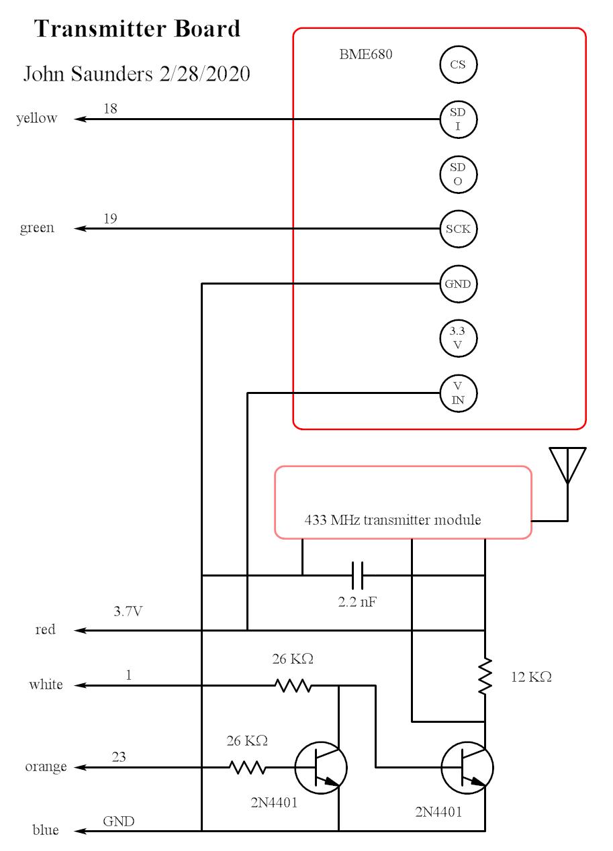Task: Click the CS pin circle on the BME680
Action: (x=458, y=65)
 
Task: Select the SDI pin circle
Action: (x=458, y=119)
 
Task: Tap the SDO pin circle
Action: (x=458, y=174)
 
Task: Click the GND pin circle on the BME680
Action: (x=458, y=284)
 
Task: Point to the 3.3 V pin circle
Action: (x=458, y=338)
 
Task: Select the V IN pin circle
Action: (x=458, y=393)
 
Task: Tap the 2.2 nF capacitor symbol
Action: (x=358, y=575)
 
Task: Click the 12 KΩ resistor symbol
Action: (x=485, y=677)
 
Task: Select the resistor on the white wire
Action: (x=293, y=685)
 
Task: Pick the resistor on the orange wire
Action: (x=247, y=767)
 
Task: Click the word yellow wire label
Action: (x=37, y=119)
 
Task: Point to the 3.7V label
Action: (x=128, y=611)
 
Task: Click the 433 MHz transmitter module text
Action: (x=393, y=520)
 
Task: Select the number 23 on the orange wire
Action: (x=119, y=756)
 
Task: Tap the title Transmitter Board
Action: (x=137, y=29)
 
